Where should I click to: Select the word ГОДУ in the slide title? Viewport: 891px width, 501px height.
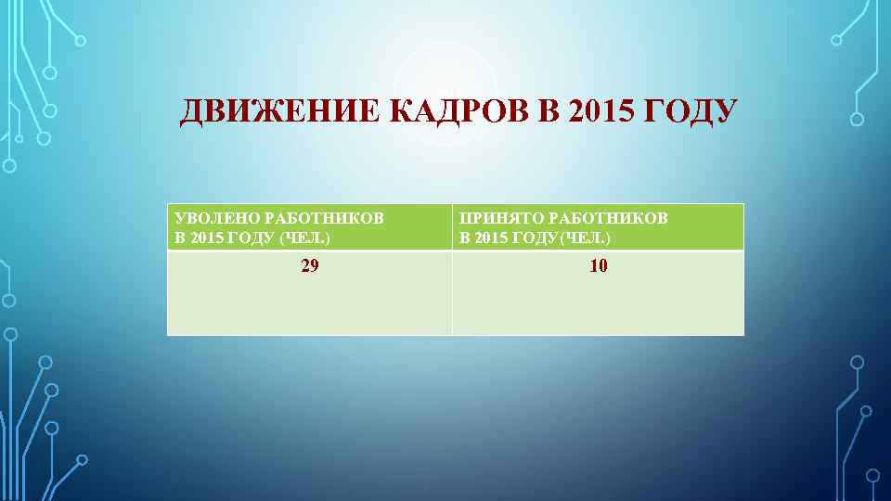coord(688,112)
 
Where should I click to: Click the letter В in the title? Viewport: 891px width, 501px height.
coord(547,112)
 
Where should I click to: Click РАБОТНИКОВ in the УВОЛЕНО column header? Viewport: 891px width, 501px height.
coord(324,218)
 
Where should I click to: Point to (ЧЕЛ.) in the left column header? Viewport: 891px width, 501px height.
coord(305,238)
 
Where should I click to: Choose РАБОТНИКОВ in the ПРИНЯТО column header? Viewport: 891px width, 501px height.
coord(608,218)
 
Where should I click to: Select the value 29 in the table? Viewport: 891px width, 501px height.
coord(310,266)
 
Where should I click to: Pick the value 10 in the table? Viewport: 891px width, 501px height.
coord(599,266)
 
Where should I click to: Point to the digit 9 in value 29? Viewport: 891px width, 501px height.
coord(315,266)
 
